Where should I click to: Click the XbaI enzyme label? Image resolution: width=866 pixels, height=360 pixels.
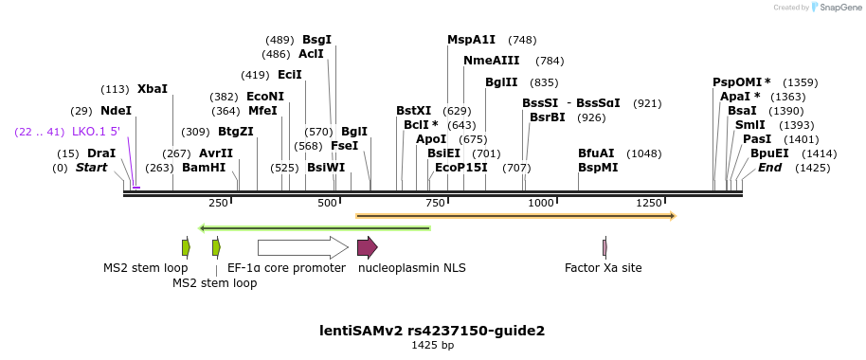point(152,89)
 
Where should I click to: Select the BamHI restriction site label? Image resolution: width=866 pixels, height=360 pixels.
point(204,168)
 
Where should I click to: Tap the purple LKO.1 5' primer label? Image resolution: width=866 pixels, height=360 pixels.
point(96,132)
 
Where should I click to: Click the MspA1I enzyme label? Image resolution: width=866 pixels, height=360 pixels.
point(471,40)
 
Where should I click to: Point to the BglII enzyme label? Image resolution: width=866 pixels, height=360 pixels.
point(500,82)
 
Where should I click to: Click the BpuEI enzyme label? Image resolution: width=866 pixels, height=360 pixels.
point(768,153)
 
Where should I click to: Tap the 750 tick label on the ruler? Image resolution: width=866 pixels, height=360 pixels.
point(435,204)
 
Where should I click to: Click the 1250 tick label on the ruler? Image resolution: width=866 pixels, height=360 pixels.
point(649,204)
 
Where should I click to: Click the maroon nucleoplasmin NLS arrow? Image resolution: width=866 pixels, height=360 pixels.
point(367,248)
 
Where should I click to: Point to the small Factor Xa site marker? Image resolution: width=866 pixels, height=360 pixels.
point(604,248)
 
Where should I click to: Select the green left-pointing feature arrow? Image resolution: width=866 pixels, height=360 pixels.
point(315,227)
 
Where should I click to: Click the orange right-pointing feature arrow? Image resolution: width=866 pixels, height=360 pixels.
point(515,216)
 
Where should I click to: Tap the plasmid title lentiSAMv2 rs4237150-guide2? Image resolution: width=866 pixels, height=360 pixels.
point(432,331)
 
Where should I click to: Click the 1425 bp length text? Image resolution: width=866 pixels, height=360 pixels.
point(432,346)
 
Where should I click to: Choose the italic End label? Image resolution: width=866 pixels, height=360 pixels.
point(769,168)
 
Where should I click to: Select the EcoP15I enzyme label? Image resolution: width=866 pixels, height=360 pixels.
point(460,168)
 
